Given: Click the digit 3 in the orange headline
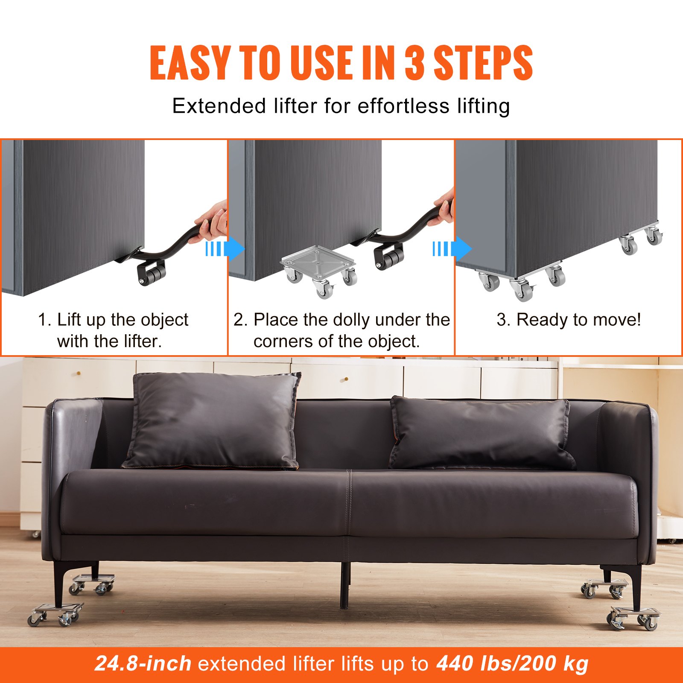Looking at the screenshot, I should point(414,63).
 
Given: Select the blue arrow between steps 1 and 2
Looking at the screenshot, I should point(225,249).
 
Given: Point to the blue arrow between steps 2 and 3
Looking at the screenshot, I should point(452,249).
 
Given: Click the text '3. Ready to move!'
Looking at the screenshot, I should point(569,320).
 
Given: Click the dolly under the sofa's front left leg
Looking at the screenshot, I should point(55,613).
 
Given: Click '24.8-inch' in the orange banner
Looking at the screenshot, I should point(143,664).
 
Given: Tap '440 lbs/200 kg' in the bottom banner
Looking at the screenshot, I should point(512,664).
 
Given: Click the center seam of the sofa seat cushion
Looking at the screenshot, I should point(349,504).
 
